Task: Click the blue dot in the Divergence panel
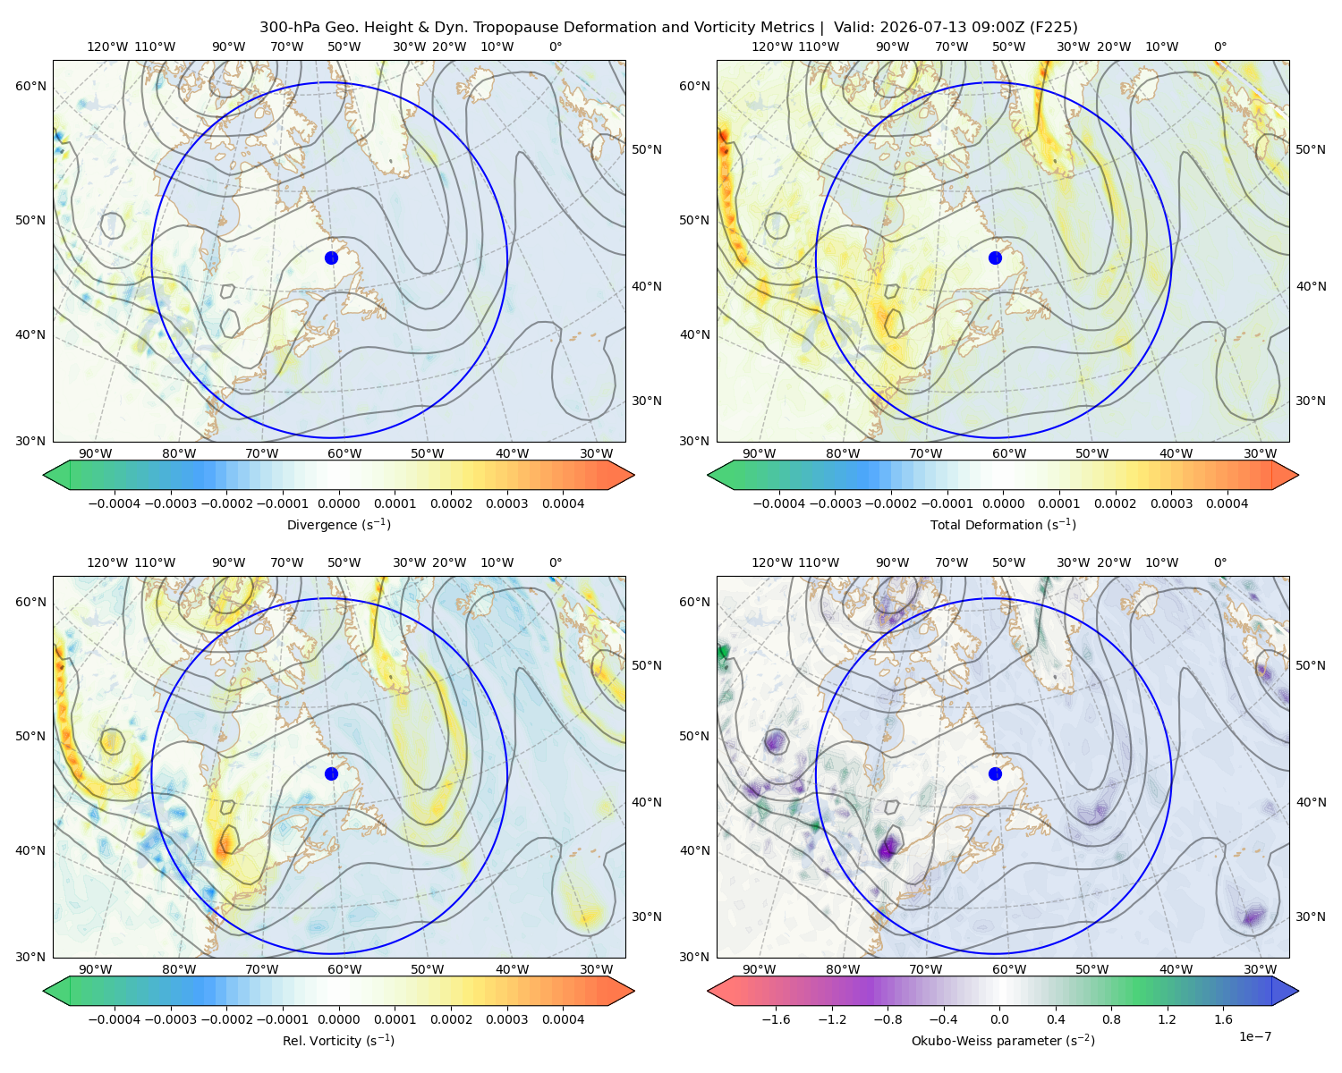[331, 258]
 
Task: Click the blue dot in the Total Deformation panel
[995, 258]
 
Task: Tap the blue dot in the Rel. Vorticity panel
[331, 773]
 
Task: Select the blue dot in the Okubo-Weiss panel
[995, 773]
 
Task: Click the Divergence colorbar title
[338, 524]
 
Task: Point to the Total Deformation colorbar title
[1003, 524]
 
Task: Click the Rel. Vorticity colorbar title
[338, 1040]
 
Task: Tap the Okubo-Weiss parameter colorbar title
[1003, 1040]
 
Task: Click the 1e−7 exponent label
[1254, 1036]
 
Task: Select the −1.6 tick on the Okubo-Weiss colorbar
[776, 1018]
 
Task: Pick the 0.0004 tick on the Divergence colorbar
[563, 503]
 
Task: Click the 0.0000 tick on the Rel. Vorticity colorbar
[338, 1018]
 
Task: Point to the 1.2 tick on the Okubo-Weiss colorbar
[1167, 1018]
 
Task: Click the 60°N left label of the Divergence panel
[30, 86]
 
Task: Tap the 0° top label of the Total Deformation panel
[1219, 46]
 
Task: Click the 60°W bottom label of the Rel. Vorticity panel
[344, 969]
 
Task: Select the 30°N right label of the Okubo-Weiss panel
[1310, 917]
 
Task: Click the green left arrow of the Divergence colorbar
[57, 475]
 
